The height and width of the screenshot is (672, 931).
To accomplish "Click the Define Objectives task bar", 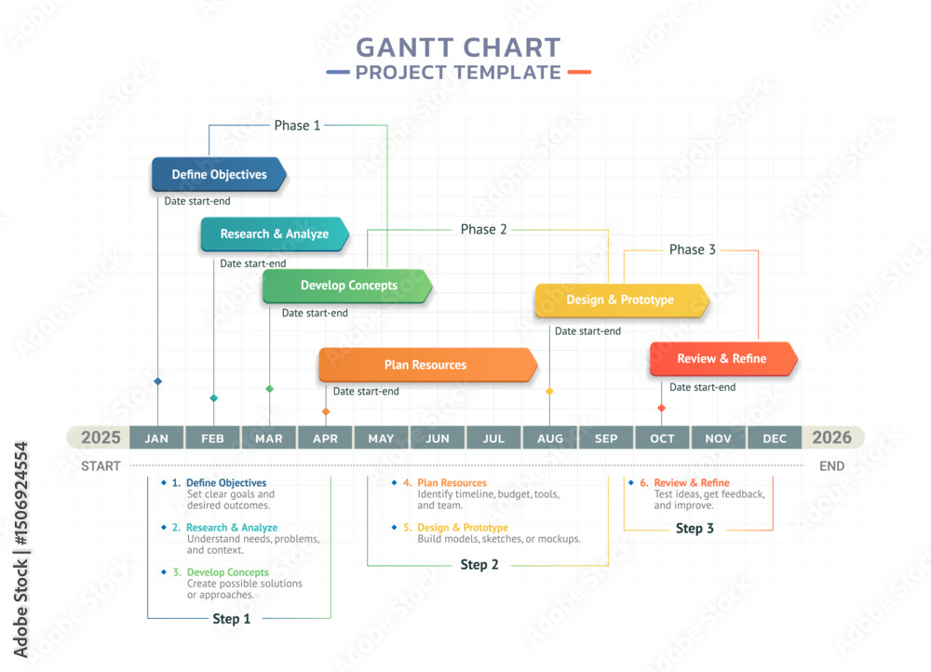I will point(219,175).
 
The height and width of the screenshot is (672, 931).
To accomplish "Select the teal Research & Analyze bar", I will point(274,235).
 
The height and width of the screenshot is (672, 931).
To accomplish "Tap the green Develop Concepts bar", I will point(347,286).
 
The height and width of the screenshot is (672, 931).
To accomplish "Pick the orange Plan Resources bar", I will point(427,365).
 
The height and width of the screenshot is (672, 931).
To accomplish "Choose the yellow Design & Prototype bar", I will point(621,301).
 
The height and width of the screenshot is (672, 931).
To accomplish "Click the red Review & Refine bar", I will point(722,359).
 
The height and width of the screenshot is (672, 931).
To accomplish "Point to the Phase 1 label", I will point(297,125).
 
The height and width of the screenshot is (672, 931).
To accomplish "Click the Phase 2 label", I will point(484,229).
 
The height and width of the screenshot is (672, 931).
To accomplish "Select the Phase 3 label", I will point(693,249).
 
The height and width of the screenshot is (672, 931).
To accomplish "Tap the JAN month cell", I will point(157,438).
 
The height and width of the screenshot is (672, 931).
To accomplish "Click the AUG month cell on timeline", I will point(550,438).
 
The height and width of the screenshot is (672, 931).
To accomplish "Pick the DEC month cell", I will point(775,438).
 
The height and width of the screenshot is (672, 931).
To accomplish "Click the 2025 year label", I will point(101,437).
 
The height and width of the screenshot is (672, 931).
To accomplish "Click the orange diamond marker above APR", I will point(326,411).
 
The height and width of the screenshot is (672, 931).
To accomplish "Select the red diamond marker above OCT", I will point(662,408).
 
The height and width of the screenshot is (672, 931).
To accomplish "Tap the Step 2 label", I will point(479,565).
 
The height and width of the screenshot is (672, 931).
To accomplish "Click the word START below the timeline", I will point(101,465).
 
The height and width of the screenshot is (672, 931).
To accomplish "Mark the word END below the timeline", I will point(831,465).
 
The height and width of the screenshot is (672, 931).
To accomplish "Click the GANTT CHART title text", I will point(458,47).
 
